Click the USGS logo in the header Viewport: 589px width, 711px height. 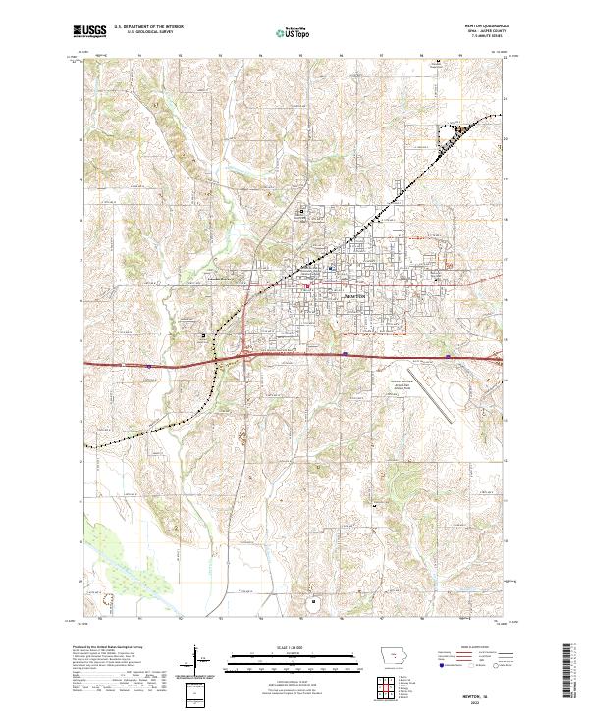(x=89, y=32)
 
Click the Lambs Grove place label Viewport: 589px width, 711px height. (x=245, y=279)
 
